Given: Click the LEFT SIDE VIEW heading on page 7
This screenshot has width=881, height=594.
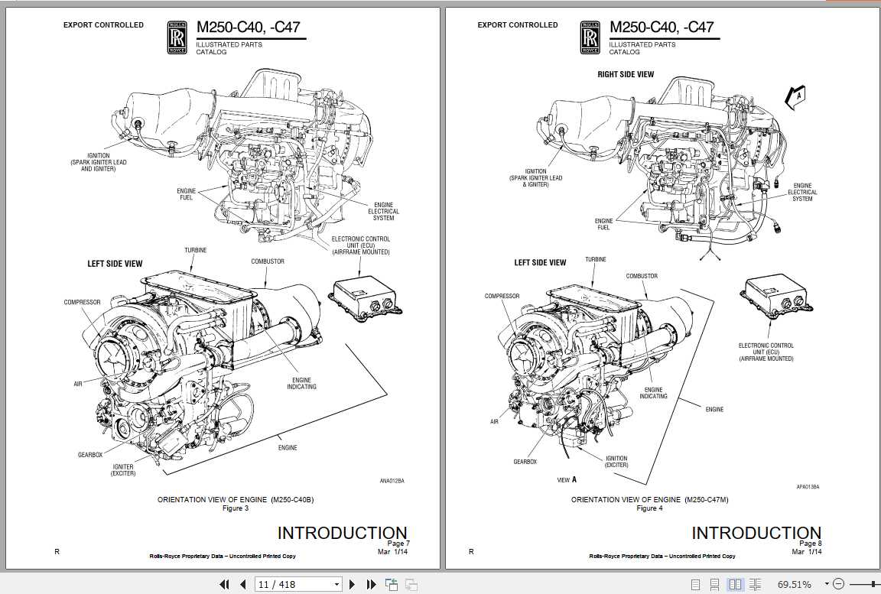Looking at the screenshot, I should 115,264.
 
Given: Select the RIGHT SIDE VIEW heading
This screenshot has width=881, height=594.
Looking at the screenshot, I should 626,75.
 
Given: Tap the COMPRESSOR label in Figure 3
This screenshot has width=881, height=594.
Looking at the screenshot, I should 82,302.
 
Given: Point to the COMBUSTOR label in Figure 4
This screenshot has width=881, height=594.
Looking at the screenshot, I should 642,276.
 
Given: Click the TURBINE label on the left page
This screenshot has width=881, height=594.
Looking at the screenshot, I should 195,251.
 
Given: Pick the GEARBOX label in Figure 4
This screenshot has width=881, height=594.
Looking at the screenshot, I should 525,462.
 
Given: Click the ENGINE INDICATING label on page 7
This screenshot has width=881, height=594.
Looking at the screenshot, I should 301,383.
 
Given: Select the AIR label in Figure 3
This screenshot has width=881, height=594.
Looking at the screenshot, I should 78,384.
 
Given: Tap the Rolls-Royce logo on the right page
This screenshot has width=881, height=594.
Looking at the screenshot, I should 590,37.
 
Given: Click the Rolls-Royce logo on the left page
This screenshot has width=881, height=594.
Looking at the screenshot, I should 176,37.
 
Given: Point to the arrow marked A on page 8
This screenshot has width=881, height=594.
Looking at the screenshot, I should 794,97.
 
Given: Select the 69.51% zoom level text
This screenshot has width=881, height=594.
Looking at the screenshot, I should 794,585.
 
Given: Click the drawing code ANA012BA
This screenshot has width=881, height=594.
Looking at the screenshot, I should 392,481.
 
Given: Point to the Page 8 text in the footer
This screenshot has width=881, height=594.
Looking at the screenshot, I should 810,544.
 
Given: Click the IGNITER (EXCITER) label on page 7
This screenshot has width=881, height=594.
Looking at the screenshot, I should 123,469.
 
